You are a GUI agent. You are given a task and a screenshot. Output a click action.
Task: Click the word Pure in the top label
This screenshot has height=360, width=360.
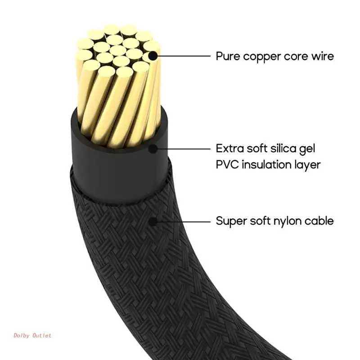click(227, 57)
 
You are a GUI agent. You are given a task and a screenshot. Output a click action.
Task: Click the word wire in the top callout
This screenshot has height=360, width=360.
click(323, 57)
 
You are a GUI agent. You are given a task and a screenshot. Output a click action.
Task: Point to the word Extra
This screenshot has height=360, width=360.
click(229, 148)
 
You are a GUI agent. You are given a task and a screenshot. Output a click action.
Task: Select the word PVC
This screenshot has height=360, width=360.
click(226, 165)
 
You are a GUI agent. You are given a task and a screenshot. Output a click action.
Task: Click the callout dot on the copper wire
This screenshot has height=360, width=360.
click(153, 56)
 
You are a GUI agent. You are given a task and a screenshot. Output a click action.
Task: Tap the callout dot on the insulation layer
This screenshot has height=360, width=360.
click(153, 148)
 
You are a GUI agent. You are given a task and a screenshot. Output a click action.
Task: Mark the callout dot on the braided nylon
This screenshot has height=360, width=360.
click(153, 221)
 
